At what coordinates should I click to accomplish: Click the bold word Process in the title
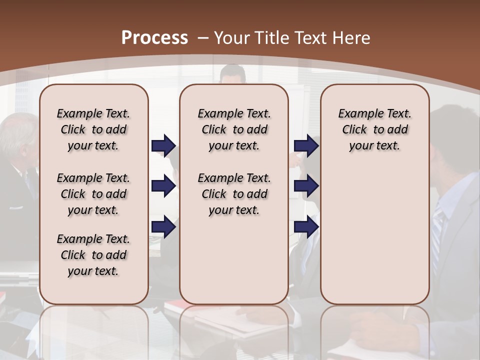click(x=154, y=38)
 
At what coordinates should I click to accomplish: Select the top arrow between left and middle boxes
click(x=163, y=145)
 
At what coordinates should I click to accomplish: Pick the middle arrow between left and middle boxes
click(x=163, y=186)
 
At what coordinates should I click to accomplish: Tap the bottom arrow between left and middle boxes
click(x=163, y=227)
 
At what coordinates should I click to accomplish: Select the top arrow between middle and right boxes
click(x=306, y=145)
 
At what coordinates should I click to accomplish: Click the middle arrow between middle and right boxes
click(x=306, y=186)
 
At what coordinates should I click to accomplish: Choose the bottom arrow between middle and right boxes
click(x=306, y=227)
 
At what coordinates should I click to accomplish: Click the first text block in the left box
click(x=93, y=129)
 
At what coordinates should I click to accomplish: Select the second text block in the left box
click(x=93, y=194)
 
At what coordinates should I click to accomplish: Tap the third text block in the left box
click(x=93, y=255)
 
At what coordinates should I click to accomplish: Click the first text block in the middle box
click(x=234, y=129)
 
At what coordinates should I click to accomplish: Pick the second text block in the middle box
click(x=234, y=194)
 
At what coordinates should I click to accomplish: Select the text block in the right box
click(x=374, y=129)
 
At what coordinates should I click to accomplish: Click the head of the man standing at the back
click(x=233, y=74)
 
